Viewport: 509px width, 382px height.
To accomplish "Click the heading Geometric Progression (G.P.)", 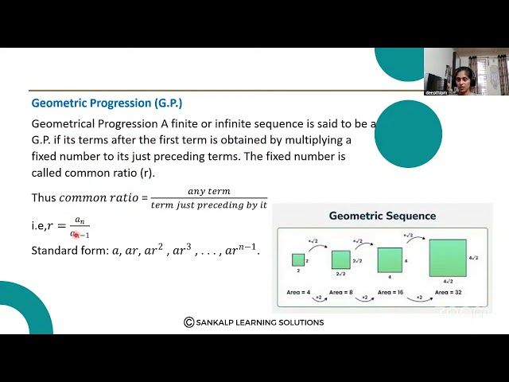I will point(107,103).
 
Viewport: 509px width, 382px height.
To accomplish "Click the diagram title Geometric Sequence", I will point(383,216).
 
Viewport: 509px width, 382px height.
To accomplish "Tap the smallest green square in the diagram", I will point(298,259).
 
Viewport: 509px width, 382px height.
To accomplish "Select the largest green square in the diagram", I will point(448,258).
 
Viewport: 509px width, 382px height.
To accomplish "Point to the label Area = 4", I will point(299,292).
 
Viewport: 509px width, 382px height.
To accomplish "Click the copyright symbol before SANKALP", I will point(188,322).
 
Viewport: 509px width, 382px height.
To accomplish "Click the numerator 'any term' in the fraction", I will point(208,192).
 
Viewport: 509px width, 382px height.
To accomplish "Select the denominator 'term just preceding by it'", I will point(208,205).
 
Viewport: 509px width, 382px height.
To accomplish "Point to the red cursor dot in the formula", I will point(76,234).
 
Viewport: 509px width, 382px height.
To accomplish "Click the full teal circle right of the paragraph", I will point(408,134).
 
